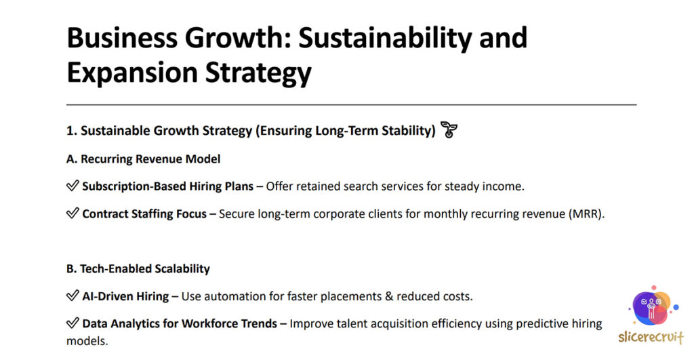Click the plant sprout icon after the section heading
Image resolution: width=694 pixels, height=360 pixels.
449,129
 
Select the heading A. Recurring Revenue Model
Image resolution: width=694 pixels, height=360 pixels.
144,159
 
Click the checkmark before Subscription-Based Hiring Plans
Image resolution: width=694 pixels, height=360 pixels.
73,186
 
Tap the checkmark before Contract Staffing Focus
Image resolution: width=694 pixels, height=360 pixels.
73,213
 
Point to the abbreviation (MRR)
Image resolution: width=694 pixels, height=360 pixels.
586,214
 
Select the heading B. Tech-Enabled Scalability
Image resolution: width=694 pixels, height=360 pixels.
138,268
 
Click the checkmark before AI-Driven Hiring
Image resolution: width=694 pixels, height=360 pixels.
73,296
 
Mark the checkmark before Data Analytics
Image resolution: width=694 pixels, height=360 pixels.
73,323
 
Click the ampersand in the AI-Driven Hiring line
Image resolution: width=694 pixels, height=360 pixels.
389,296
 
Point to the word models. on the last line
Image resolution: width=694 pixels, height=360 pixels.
87,341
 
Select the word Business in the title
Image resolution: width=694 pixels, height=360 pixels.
122,38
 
